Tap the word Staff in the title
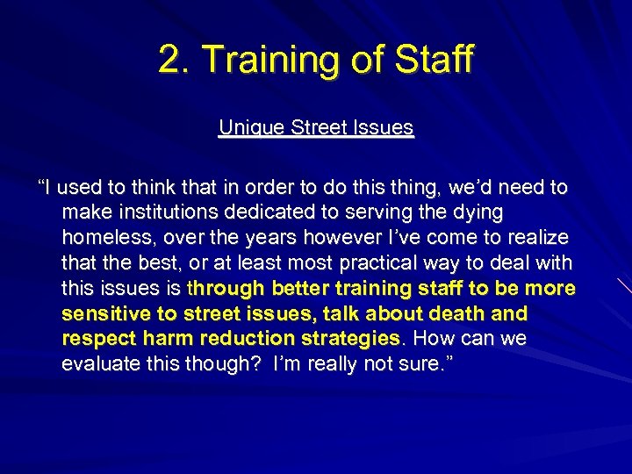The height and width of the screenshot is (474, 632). (x=432, y=60)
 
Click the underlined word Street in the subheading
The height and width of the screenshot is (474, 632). (x=318, y=127)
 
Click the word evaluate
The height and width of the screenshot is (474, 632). (x=104, y=364)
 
